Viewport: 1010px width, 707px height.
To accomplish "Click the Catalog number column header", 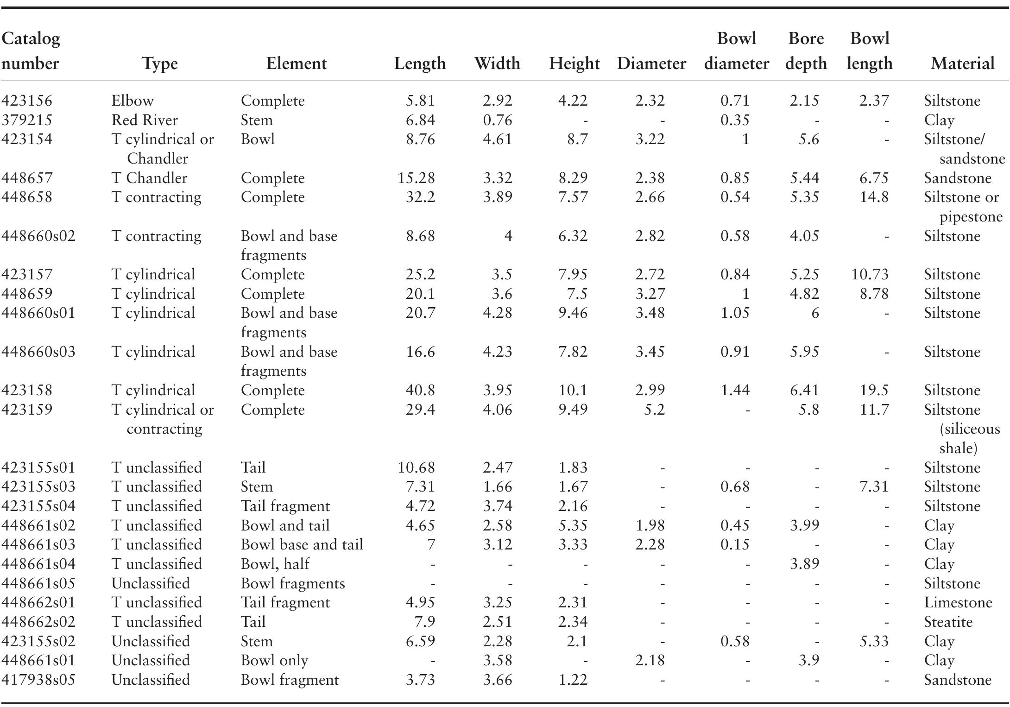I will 31,51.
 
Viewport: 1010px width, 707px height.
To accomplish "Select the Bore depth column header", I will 806,51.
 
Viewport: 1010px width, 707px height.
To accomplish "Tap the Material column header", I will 962,63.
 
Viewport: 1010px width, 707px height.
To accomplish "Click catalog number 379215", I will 27,120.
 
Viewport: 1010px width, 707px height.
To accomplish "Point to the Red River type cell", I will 145,120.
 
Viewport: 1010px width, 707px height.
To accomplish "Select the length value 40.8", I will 420,390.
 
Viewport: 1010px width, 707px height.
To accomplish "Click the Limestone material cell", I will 958,602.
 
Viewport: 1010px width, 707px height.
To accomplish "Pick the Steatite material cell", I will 948,622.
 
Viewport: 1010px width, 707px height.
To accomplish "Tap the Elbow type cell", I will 133,101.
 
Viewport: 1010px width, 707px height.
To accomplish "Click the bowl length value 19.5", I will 873,390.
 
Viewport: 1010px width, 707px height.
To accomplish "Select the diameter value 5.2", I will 654,410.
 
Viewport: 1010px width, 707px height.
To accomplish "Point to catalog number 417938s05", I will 38,680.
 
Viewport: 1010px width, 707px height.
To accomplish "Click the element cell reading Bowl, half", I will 275,564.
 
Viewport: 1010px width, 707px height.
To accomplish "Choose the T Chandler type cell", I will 149,178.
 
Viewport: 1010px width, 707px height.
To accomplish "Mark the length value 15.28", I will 416,178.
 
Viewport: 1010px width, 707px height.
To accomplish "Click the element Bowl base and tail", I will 302,544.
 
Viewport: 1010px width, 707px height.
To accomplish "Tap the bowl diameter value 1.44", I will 735,390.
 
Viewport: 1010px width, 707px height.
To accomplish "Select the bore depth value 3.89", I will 804,564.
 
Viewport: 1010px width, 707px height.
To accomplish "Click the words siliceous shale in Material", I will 969,438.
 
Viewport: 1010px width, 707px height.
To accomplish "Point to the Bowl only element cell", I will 274,660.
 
